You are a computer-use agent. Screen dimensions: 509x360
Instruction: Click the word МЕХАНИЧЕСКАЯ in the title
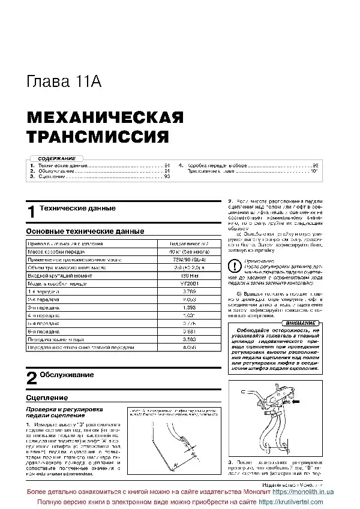105,116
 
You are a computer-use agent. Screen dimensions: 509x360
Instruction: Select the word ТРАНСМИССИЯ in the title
97,136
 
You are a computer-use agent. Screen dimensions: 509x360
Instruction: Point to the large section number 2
32,378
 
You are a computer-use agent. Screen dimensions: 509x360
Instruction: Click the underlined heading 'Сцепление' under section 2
47,397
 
